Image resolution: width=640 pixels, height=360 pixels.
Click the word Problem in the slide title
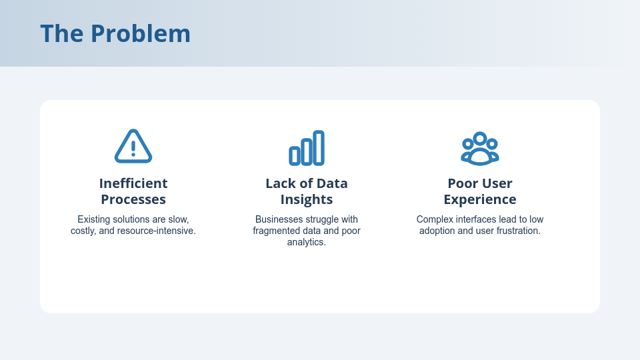(x=141, y=34)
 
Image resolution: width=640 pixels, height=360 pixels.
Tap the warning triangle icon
(x=133, y=147)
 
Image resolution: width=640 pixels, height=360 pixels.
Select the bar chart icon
(x=307, y=148)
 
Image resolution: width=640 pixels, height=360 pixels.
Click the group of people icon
(x=480, y=149)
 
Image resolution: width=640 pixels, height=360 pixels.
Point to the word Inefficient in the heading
(x=133, y=183)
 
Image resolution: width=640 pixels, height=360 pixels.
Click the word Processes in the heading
(x=133, y=199)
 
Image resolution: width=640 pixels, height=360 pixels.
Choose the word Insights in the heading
(x=307, y=199)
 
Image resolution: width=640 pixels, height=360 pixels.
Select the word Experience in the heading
(x=480, y=199)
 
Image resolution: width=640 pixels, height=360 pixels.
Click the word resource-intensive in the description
(x=156, y=231)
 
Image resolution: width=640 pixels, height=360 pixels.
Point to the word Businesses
(x=279, y=219)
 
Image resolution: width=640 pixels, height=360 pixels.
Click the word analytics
(x=307, y=243)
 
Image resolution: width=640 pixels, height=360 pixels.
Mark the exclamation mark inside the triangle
(x=133, y=148)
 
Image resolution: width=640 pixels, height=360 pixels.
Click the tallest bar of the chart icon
(x=319, y=148)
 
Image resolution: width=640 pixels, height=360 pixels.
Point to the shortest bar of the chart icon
(x=295, y=156)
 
